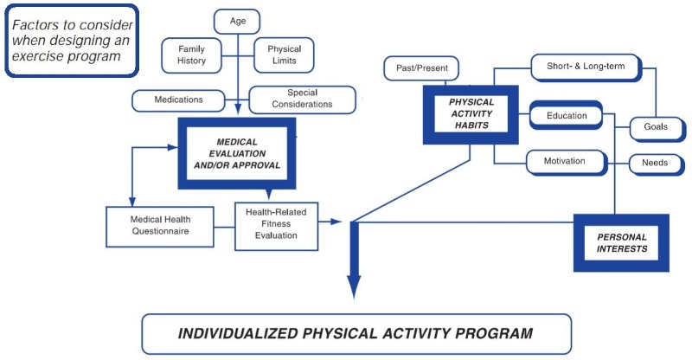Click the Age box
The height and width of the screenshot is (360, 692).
[x=237, y=22]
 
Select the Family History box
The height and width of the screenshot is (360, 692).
[x=191, y=55]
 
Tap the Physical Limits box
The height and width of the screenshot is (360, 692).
[x=284, y=55]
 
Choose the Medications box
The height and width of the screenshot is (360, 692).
[x=178, y=100]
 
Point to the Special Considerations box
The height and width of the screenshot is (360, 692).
[x=302, y=100]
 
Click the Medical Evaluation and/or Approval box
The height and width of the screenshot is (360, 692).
[x=237, y=153]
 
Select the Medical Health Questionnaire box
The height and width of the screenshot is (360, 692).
[x=160, y=226]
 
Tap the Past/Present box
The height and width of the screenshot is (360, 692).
[x=421, y=68]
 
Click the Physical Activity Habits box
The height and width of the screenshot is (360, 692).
[x=471, y=114]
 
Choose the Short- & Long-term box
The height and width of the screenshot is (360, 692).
[x=586, y=67]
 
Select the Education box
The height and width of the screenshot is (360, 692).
[x=567, y=115]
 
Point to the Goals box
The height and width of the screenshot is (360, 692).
[x=657, y=128]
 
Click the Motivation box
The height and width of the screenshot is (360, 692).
[x=566, y=162]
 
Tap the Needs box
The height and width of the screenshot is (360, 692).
[x=656, y=164]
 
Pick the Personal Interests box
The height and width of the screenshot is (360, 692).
[x=621, y=243]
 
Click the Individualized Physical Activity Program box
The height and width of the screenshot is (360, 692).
[x=356, y=334]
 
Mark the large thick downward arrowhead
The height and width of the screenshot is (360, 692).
[x=354, y=286]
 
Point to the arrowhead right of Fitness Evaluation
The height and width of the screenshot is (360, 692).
[x=336, y=222]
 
